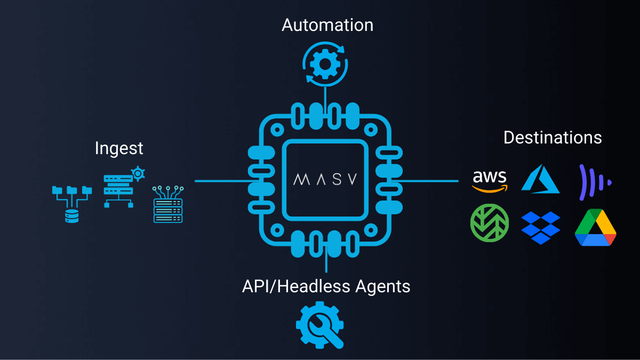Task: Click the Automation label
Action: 327,25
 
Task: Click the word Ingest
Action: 119,148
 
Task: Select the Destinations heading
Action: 553,138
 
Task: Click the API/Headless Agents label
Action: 326,286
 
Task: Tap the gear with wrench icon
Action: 320,325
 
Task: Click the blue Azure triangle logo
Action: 540,180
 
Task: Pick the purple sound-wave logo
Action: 594,178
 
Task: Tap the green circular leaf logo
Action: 490,223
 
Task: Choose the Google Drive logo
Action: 596,228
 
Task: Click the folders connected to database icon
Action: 71,203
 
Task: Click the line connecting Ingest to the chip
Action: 221,181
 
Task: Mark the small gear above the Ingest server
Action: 138,173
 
